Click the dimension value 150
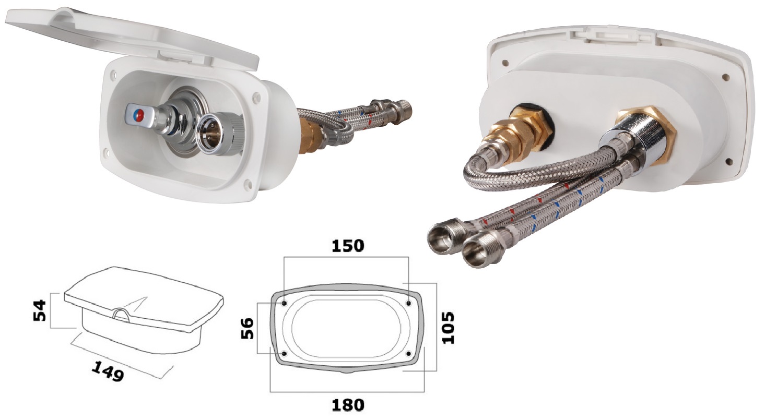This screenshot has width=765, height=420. click(x=348, y=246)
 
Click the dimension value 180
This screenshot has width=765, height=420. click(x=348, y=405)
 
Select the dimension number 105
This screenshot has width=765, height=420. click(x=448, y=328)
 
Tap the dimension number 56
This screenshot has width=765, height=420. click(x=248, y=328)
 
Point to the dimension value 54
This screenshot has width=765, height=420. click(x=40, y=310)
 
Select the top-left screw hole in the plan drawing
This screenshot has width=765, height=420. click(x=285, y=303)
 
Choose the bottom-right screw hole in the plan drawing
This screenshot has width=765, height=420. click(x=408, y=353)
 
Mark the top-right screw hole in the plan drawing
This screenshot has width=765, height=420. click(x=408, y=303)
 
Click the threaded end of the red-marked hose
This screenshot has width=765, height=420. click(x=448, y=235)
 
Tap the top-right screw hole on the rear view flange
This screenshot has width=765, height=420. click(x=726, y=77)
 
